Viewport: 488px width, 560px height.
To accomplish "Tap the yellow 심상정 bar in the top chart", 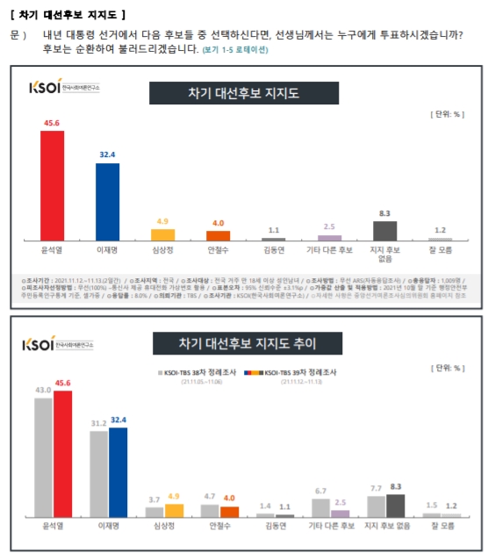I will click(162, 234).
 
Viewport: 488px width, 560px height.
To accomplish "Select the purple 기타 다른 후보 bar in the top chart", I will click(329, 237).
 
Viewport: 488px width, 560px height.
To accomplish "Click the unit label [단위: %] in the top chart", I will click(446, 115).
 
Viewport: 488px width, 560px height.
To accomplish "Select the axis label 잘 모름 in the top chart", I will click(440, 250).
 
